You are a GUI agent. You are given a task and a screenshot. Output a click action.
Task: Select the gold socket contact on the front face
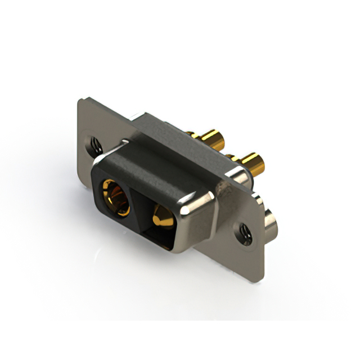coord(116,196)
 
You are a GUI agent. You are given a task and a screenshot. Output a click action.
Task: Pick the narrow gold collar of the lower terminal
coord(233,159)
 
